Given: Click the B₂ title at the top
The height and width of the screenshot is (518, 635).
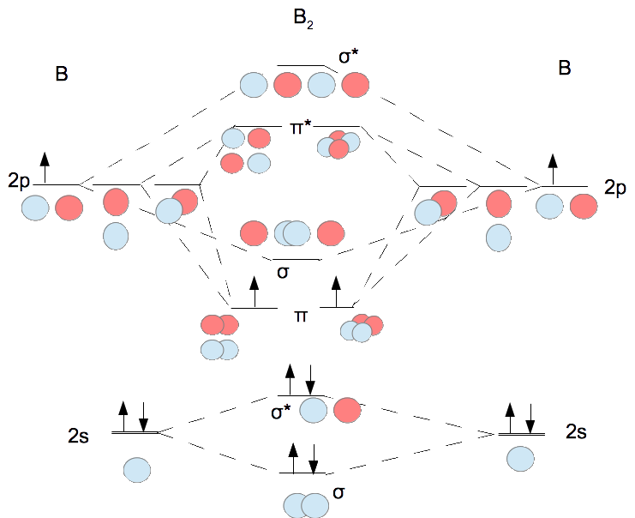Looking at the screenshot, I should [303, 19].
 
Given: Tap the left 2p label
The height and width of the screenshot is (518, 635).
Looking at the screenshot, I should [18, 183].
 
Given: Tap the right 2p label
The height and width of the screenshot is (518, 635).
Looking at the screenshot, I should [617, 186].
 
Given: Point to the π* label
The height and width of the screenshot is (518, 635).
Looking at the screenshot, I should [300, 129].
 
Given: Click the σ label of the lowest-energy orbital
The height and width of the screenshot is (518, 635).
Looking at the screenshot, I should [339, 492].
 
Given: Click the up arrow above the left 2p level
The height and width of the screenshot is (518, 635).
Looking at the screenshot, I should [45, 165].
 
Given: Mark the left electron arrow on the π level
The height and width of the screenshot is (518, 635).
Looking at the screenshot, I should [254, 292].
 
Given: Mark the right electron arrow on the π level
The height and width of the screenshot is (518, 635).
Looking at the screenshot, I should [336, 292].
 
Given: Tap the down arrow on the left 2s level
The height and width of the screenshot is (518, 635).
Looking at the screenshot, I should [143, 417].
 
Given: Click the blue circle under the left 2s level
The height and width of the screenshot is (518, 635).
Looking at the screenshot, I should [137, 471].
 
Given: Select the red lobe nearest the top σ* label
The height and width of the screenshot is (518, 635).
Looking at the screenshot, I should [356, 84].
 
